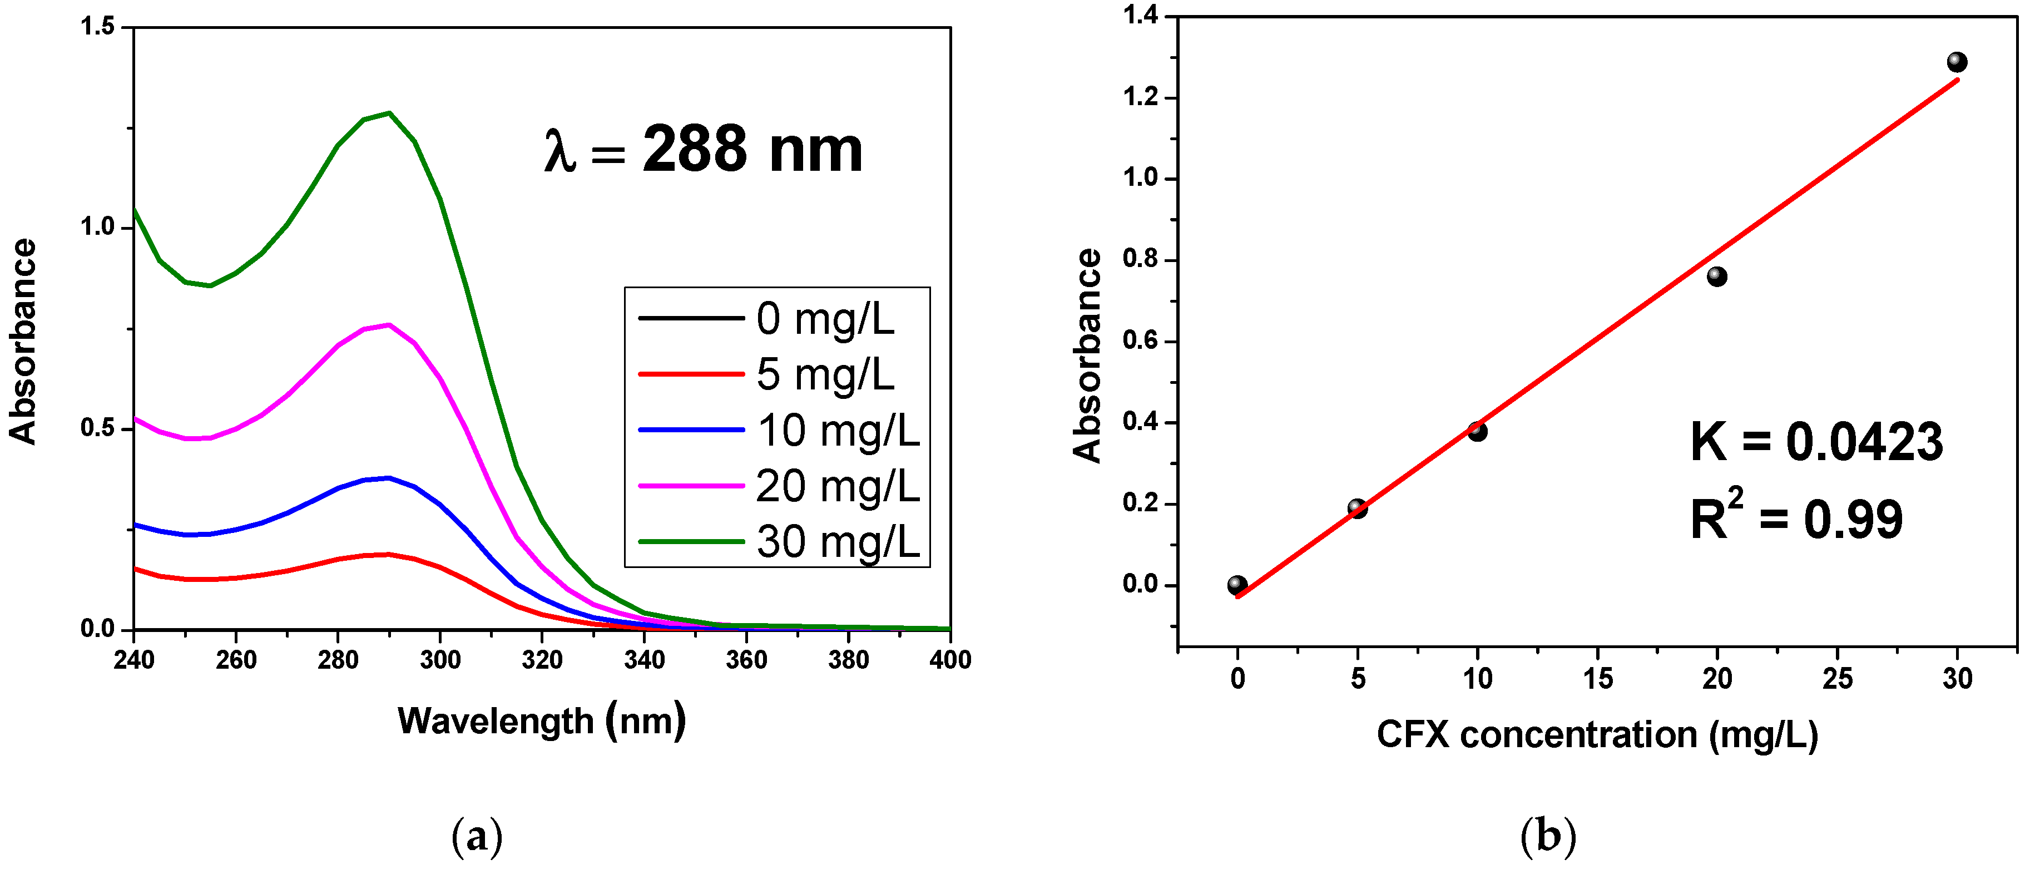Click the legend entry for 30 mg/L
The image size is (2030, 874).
[x=837, y=541]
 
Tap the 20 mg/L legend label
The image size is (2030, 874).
[x=837, y=486]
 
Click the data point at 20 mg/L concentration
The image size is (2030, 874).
[x=1716, y=276]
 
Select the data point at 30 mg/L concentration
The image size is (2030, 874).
[x=1957, y=61]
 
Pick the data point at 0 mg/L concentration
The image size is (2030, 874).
[x=1236, y=585]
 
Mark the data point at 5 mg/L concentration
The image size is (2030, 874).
[x=1357, y=508]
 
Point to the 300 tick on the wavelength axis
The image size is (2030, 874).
[x=440, y=660]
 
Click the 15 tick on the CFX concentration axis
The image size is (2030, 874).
[x=1597, y=679]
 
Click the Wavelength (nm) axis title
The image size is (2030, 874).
[x=541, y=720]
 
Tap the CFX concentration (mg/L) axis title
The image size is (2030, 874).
[x=1597, y=734]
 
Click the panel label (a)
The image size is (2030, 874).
[x=477, y=836]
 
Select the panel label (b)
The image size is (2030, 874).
[x=1548, y=836]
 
